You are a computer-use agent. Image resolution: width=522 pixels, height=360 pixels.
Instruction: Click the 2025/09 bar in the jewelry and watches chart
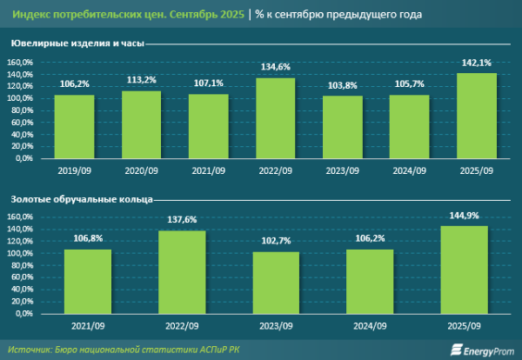point(477,116)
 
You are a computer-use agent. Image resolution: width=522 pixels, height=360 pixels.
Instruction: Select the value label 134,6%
point(276,67)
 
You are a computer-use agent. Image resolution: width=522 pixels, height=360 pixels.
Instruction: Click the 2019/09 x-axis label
point(74,170)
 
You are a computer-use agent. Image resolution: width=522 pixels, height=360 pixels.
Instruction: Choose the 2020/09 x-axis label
point(142,170)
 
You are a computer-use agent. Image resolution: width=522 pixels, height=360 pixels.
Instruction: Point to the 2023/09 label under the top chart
point(343,170)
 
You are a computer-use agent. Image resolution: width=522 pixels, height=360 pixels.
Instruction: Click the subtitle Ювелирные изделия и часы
point(66,43)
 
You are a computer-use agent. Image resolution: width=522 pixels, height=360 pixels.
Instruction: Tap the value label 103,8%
point(343,85)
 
